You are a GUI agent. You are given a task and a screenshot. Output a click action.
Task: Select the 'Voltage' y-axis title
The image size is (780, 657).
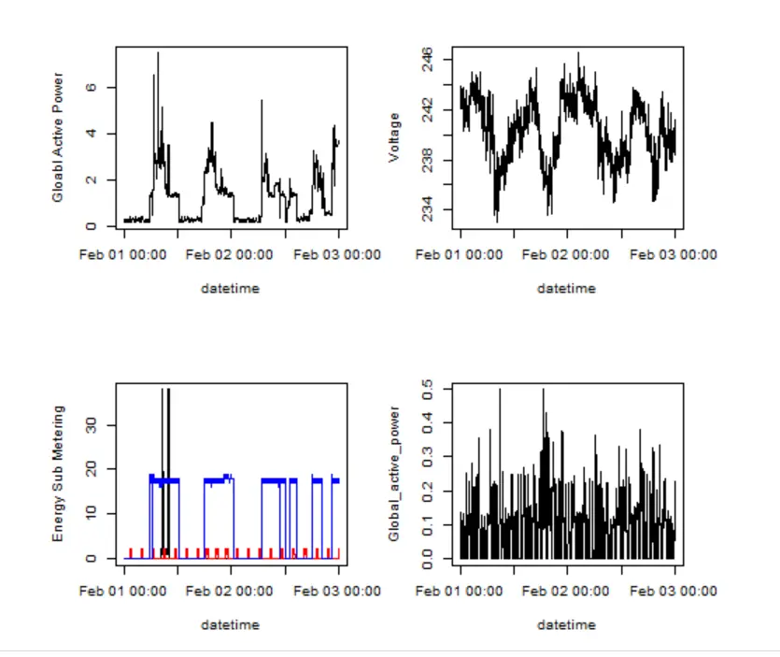[394, 137]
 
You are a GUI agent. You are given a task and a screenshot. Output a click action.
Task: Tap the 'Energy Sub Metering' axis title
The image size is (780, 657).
[58, 473]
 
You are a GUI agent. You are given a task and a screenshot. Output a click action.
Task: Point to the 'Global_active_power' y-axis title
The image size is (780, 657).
[394, 473]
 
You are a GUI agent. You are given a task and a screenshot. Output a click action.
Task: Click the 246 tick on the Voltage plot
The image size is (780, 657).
[428, 60]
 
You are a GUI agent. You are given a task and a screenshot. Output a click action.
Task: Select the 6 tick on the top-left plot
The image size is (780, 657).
[92, 87]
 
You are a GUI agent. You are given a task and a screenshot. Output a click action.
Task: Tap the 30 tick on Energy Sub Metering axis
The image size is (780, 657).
[92, 424]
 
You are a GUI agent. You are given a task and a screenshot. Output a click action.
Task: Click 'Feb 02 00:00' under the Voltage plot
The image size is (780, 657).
[566, 254]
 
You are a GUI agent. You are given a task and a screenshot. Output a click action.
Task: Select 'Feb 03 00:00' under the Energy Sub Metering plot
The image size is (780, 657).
[338, 590]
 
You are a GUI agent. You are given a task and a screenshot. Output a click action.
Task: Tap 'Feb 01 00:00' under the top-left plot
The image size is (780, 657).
[123, 254]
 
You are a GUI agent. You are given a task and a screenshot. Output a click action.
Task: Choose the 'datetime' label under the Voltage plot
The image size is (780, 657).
[566, 289]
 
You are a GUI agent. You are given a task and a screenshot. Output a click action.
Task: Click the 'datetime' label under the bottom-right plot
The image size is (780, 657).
[566, 624]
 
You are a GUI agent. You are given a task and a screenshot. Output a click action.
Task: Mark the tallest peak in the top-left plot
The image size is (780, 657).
[158, 54]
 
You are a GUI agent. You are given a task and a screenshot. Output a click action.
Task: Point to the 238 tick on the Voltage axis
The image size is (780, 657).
[428, 161]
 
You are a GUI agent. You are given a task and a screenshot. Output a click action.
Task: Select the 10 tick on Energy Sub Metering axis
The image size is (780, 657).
[92, 514]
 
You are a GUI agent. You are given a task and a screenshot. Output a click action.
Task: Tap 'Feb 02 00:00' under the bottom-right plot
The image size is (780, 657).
[566, 590]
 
